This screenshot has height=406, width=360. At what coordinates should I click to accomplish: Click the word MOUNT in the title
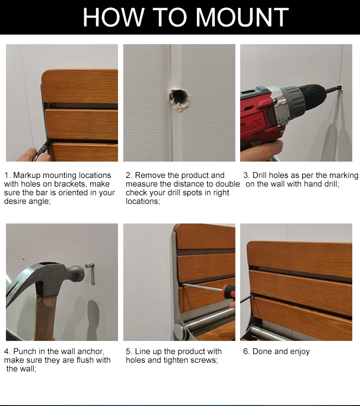(x=242, y=17)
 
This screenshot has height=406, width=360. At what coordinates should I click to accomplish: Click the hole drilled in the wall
(x=179, y=101)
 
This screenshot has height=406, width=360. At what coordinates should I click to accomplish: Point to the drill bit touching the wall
(x=334, y=89)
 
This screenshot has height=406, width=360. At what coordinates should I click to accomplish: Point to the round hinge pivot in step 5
(x=180, y=330)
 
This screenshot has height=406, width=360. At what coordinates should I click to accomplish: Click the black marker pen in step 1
(x=41, y=150)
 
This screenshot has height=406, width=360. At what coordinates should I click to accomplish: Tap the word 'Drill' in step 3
(x=260, y=175)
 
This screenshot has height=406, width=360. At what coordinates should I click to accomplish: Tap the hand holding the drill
(x=261, y=150)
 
